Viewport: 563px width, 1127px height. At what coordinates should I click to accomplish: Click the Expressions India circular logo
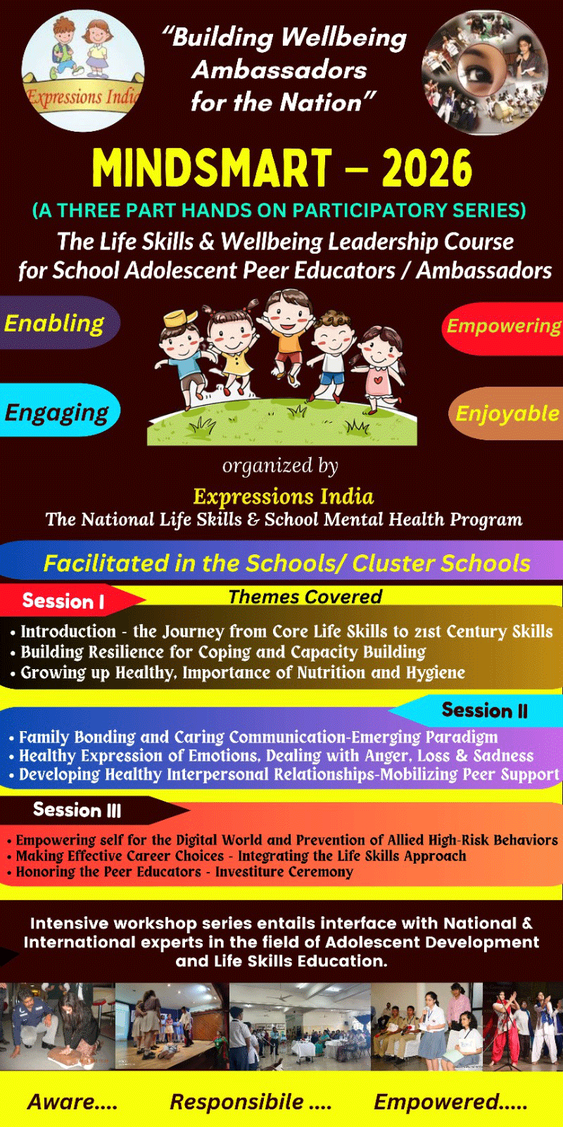pos(83,70)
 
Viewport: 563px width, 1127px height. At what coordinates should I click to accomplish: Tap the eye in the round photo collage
pos(479,73)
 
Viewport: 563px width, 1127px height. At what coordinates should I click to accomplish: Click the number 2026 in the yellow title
pos(427,168)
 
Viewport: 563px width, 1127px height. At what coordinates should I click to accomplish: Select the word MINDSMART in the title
pos(212,168)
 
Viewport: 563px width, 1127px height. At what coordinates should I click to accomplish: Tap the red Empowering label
pos(502,327)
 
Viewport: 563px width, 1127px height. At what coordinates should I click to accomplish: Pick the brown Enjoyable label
pos(506,413)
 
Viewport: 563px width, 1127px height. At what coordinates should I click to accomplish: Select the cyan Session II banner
pos(477,710)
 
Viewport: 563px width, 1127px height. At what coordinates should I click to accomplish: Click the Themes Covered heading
pos(305,597)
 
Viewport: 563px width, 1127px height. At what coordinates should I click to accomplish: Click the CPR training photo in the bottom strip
pos(58,1026)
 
